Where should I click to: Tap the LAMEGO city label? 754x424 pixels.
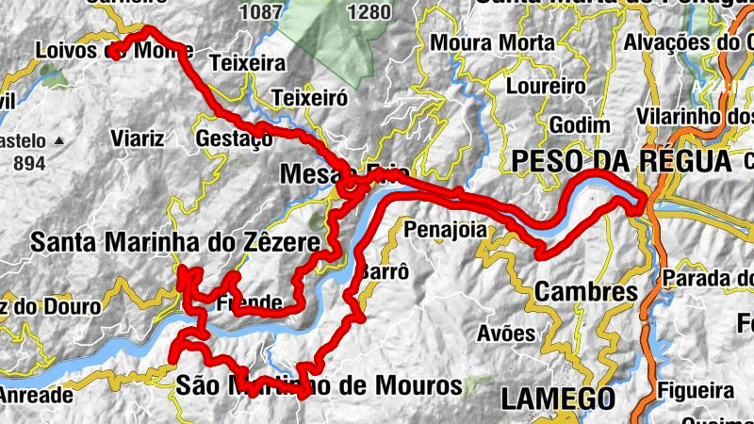click(558, 398)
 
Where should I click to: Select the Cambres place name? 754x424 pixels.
click(585, 292)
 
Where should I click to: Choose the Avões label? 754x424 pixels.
click(506, 334)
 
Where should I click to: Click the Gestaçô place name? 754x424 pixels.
click(234, 139)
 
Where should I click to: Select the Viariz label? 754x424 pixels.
click(138, 139)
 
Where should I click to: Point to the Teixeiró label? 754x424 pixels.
click(309, 98)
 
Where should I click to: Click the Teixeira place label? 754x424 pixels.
click(249, 65)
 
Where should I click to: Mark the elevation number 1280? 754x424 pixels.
click(369, 12)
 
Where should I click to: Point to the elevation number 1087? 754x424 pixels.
click(261, 12)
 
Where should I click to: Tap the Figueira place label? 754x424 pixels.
click(698, 390)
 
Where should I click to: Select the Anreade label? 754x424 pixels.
click(36, 396)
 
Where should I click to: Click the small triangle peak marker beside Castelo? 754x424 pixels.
click(59, 140)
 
